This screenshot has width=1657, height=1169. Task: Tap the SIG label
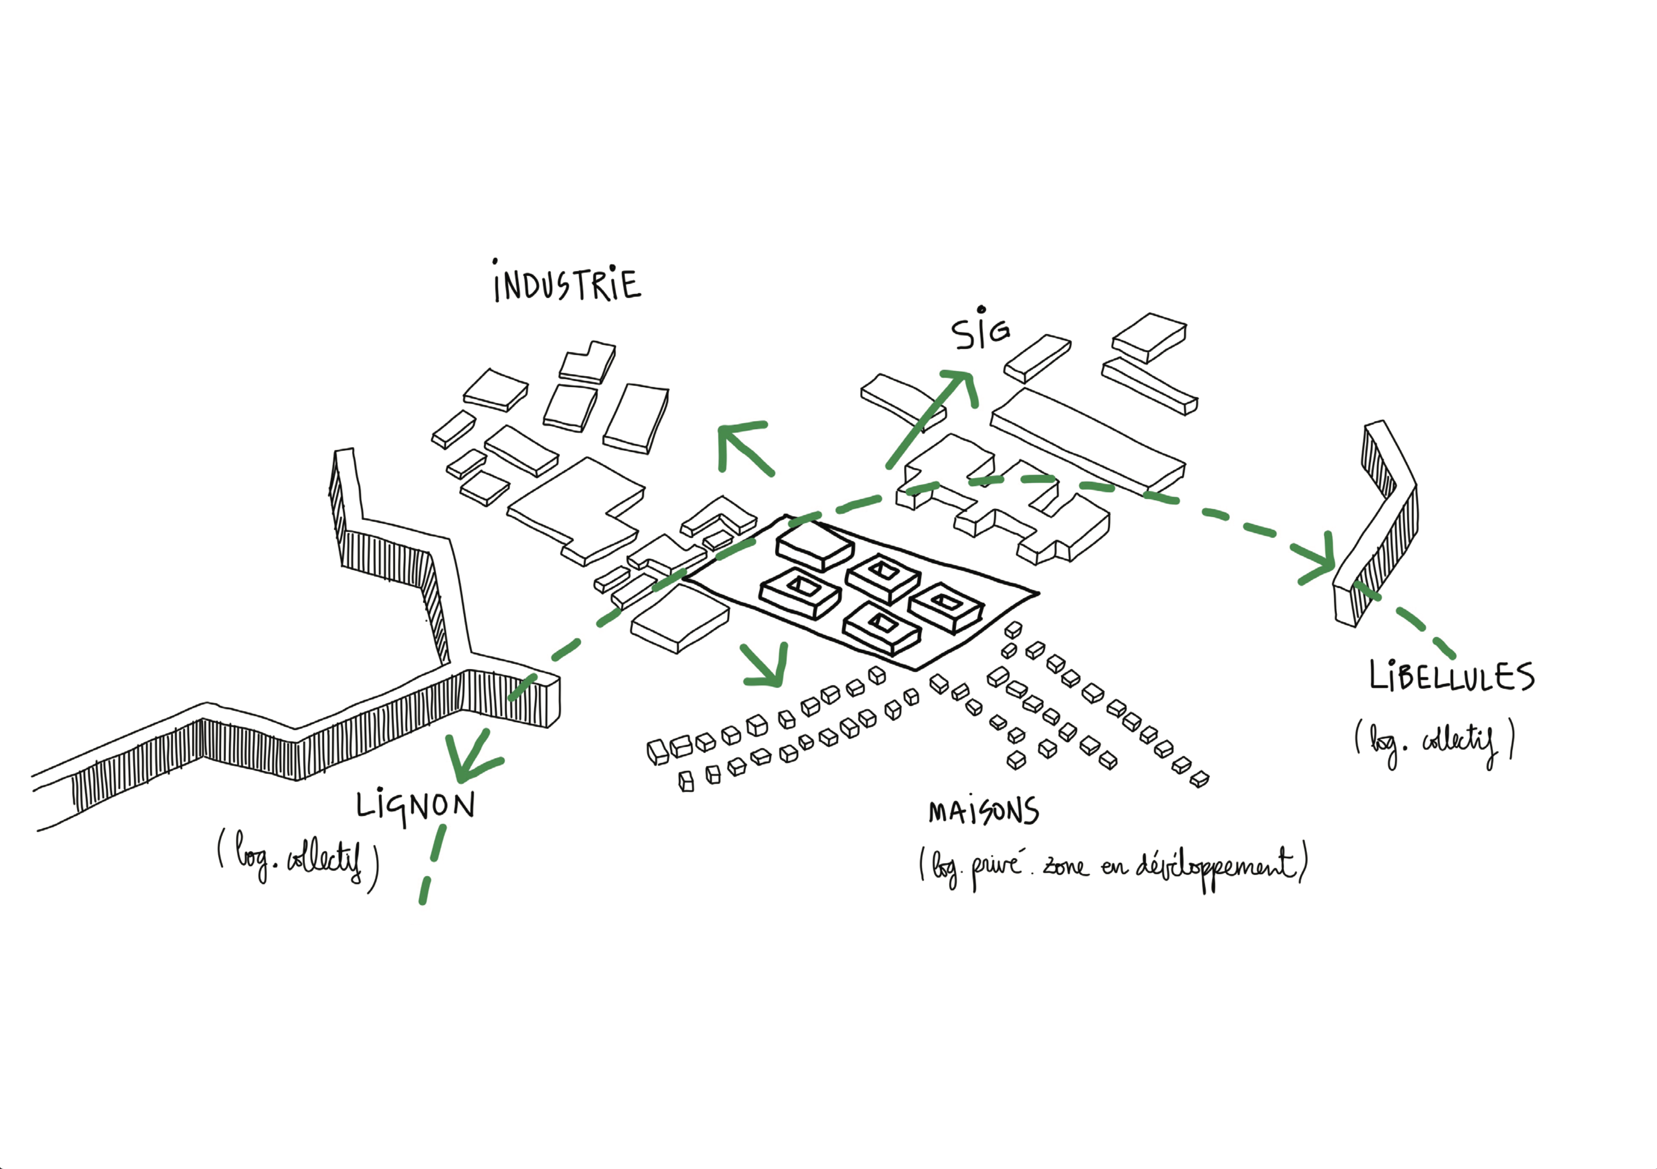pyautogui.click(x=980, y=331)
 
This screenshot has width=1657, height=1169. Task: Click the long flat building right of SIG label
pyautogui.click(x=1086, y=441)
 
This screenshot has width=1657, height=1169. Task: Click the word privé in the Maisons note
pyautogui.click(x=996, y=866)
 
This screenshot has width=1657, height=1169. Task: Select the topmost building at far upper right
pyautogui.click(x=1150, y=335)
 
